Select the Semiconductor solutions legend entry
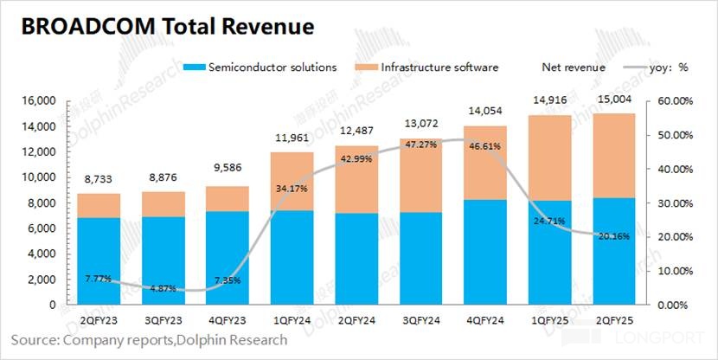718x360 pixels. click(x=272, y=67)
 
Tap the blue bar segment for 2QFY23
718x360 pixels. click(x=98, y=260)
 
